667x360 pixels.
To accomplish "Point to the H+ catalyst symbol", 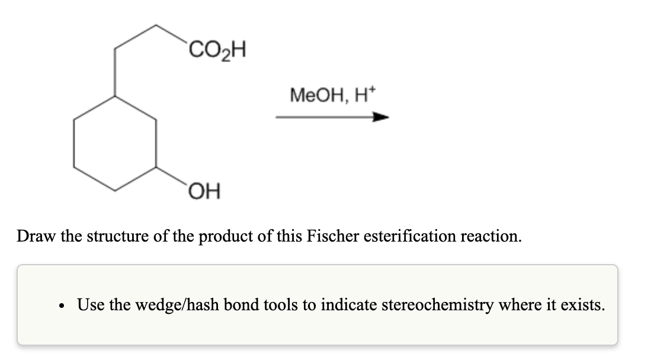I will pos(363,94).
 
